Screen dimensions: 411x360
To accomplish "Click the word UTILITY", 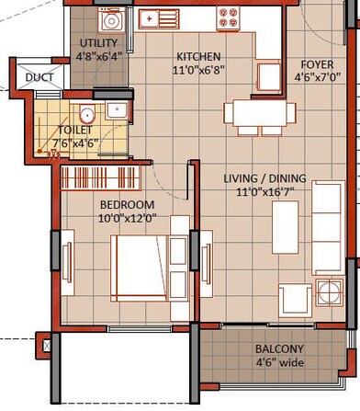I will point(97,44).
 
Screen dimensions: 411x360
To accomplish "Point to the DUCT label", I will point(39,78).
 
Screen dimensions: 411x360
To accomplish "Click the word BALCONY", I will point(278,349).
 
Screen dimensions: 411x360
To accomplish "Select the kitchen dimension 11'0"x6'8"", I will point(199,70).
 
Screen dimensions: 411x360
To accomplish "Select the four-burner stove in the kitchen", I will point(228,17).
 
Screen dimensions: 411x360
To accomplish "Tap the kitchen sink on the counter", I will point(159,17).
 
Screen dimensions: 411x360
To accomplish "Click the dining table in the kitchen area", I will point(260,114).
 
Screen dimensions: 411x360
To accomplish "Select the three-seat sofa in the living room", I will point(327,227).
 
